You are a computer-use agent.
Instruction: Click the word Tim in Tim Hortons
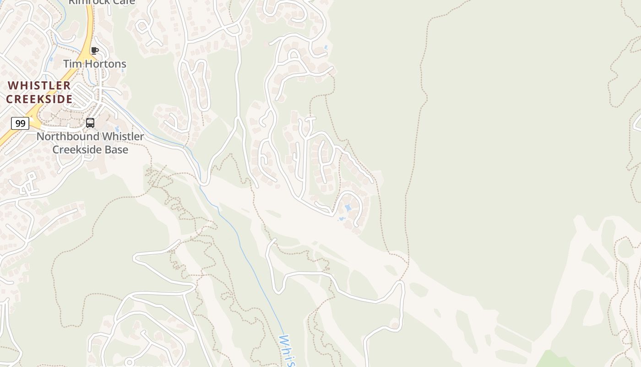pyautogui.click(x=71, y=64)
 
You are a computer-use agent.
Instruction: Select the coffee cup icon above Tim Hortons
pyautogui.click(x=95, y=50)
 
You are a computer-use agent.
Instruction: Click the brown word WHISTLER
pyautogui.click(x=39, y=86)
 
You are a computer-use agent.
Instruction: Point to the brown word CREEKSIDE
pyautogui.click(x=39, y=99)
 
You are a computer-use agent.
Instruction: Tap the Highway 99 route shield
pyautogui.click(x=20, y=123)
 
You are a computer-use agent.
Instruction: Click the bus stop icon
pyautogui.click(x=90, y=123)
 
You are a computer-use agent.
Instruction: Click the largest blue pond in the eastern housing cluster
pyautogui.click(x=348, y=208)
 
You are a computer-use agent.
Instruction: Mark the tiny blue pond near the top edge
pyautogui.click(x=326, y=47)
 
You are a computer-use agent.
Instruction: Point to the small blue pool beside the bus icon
pyautogui.click(x=117, y=129)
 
